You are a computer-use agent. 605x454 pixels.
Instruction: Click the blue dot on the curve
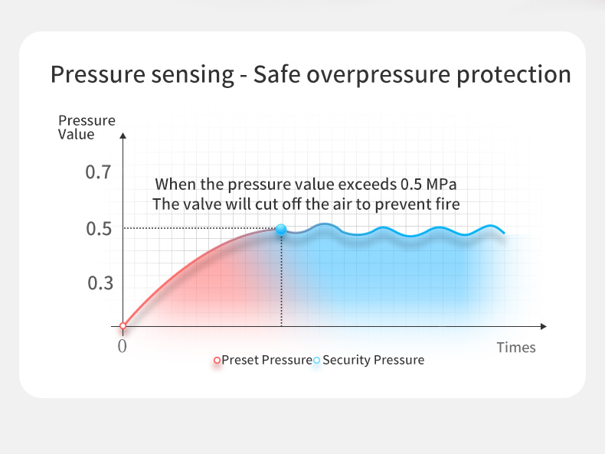tap(281, 230)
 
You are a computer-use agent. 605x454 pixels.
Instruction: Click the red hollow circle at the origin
tap(123, 326)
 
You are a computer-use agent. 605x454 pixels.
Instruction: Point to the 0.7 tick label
tap(98, 172)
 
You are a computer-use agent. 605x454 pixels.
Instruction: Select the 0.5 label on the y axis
tap(98, 229)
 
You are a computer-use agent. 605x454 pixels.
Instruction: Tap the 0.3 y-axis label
tap(100, 283)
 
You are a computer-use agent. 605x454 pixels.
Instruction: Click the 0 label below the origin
tap(122, 346)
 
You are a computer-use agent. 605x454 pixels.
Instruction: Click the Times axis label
tap(516, 348)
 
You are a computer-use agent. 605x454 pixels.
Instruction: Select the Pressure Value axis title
tap(87, 127)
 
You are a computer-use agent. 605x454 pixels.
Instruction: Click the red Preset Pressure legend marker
tap(217, 361)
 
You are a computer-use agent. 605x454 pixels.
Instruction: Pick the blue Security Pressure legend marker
tap(316, 361)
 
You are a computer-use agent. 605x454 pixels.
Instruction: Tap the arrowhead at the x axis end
tap(544, 327)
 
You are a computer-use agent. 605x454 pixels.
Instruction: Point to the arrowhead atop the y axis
tap(123, 136)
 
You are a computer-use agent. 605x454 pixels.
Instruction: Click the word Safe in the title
tap(276, 74)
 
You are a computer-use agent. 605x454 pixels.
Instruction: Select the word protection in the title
tap(514, 75)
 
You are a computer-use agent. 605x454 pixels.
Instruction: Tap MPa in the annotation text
tap(441, 185)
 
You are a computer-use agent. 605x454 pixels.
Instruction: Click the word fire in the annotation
tap(447, 204)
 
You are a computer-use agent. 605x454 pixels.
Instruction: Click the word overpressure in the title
tap(378, 75)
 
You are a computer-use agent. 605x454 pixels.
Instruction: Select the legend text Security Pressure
tap(373, 361)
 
